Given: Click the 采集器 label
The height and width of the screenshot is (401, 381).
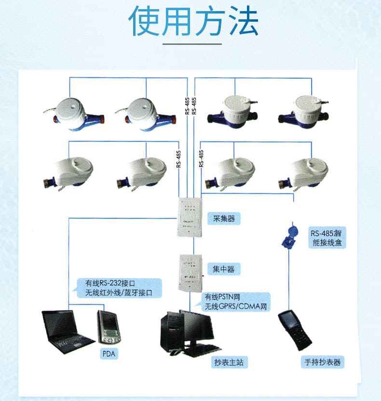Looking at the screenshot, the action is (224, 219).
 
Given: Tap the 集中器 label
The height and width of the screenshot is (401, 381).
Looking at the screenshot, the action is (224, 269).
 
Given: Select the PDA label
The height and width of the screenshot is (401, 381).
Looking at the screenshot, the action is (109, 354).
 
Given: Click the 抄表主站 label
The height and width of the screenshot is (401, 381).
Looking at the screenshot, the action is (229, 362).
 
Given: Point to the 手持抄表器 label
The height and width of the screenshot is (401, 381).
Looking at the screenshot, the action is (323, 362).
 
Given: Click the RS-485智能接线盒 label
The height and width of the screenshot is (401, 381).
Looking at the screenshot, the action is (327, 237).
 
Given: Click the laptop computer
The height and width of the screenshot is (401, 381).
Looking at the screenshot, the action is (67, 332).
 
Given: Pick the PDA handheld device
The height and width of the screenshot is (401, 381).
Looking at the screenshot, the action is (109, 327).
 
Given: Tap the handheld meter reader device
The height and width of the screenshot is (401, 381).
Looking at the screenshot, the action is (294, 330).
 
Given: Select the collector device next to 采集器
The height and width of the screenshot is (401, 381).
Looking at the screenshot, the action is (190, 217).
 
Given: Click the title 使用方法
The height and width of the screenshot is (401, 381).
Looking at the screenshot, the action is (193, 20).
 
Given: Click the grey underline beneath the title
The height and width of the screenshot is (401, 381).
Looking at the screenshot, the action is (192, 44).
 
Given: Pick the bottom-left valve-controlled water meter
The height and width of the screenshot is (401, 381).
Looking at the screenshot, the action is (68, 174).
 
